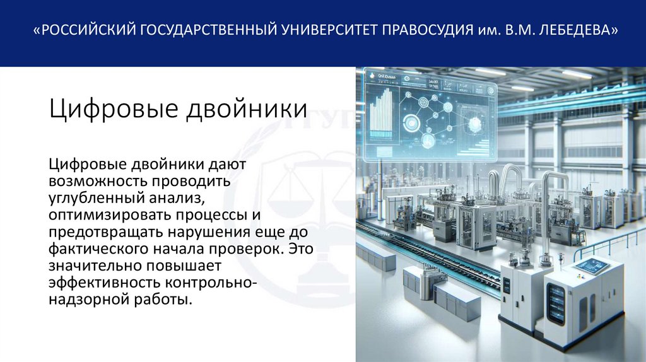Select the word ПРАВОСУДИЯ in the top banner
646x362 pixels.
point(426,30)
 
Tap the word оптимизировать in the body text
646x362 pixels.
point(103,215)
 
